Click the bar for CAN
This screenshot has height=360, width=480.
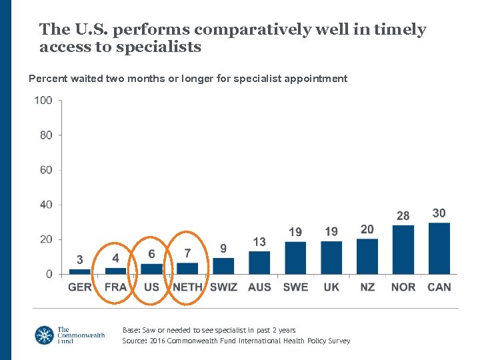click(439, 248)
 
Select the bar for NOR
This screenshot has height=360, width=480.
click(403, 250)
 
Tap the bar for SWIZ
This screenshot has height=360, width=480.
click(223, 266)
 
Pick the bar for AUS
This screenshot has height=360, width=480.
click(259, 263)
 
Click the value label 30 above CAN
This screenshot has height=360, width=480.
click(439, 213)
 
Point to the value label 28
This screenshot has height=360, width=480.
click(403, 216)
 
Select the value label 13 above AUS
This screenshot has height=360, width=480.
click(259, 242)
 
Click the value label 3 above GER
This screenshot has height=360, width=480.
click(80, 259)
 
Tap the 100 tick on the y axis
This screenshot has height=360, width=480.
click(43, 101)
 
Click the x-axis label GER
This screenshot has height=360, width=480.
click(80, 287)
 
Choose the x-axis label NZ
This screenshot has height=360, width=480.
click(367, 287)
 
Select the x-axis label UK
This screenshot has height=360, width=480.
click(331, 287)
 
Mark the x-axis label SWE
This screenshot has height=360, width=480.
click(295, 287)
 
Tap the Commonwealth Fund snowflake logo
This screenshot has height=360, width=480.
click(45, 335)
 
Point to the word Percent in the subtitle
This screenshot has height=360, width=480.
click(48, 79)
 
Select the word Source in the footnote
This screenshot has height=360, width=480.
click(135, 341)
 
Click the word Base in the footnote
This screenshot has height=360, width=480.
click(131, 330)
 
